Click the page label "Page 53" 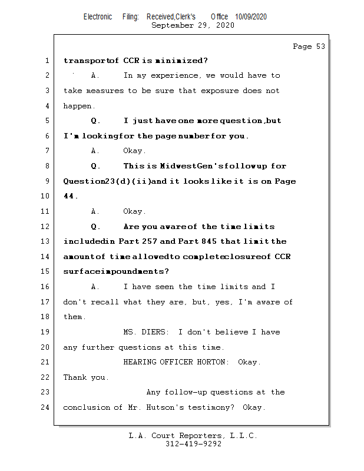(309, 47)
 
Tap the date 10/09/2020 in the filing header (250, 17)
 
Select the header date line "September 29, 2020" (193, 25)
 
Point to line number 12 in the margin (45, 227)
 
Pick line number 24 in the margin (45, 407)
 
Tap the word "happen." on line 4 (78, 106)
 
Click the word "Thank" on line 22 (75, 377)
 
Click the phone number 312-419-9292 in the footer (193, 445)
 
